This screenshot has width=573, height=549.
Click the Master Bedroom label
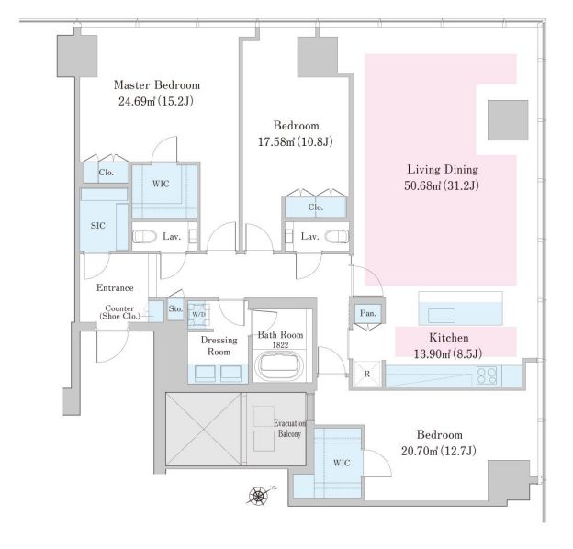pyautogui.click(x=157, y=85)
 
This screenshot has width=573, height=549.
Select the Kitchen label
pyautogui.click(x=449, y=338)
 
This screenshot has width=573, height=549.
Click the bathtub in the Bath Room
pyautogui.click(x=280, y=366)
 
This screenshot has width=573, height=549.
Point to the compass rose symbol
pyautogui.click(x=258, y=496)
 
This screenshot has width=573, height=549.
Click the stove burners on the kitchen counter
pyautogui.click(x=487, y=375)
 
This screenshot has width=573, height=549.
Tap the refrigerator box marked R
pyautogui.click(x=367, y=374)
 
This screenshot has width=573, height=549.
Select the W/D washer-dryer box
pyautogui.click(x=198, y=314)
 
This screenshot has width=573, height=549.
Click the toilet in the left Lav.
pyautogui.click(x=144, y=236)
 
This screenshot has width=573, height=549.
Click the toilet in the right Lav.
pyautogui.click(x=337, y=236)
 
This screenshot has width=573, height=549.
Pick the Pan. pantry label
pyautogui.click(x=367, y=313)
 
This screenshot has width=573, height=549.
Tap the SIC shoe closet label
pyautogui.click(x=98, y=225)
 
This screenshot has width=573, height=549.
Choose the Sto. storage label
pyautogui.click(x=175, y=308)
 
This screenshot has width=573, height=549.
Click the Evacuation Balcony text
pyautogui.click(x=290, y=429)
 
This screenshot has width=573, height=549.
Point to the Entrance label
pyautogui.click(x=115, y=288)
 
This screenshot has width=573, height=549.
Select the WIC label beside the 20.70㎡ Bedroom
pyautogui.click(x=342, y=463)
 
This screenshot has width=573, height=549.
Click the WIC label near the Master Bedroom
pyautogui.click(x=161, y=184)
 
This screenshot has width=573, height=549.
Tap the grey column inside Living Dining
pyautogui.click(x=508, y=120)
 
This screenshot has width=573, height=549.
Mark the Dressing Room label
pyautogui.click(x=219, y=345)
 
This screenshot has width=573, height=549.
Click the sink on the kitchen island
pyautogui.click(x=442, y=316)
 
